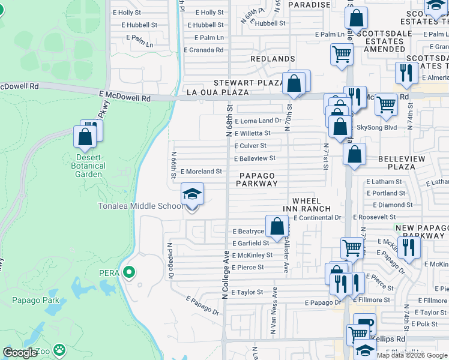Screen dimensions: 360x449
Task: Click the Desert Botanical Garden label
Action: (x=88, y=166)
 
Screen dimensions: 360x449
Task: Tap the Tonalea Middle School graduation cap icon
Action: (x=193, y=194)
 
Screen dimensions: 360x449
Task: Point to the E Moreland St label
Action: (x=202, y=172)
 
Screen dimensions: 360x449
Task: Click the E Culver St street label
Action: (x=250, y=146)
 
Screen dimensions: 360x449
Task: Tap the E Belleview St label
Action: (x=255, y=158)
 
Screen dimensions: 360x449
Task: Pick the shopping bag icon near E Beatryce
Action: (x=277, y=227)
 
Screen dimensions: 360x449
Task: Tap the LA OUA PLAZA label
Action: (x=217, y=92)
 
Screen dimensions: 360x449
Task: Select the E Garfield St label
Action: (x=250, y=243)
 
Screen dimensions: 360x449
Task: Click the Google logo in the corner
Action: (x=20, y=353)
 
